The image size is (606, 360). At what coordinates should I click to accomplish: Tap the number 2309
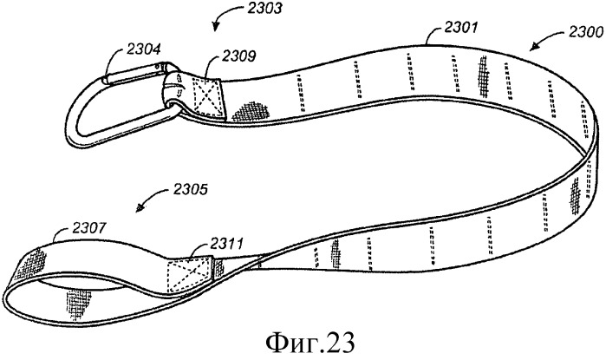[213, 59]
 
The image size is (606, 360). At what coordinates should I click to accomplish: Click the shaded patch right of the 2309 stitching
[248, 109]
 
